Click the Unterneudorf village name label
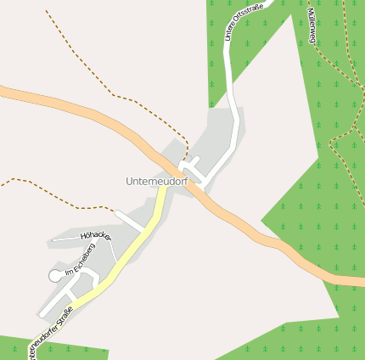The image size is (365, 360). (x=156, y=182)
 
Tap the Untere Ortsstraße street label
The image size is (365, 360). (x=244, y=21)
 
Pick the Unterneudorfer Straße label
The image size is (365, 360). (x=51, y=334)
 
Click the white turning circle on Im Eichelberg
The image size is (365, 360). (x=55, y=275)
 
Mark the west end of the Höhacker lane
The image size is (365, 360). (x=53, y=240)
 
